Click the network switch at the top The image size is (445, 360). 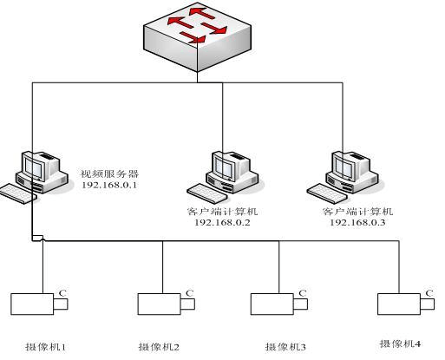click(198, 37)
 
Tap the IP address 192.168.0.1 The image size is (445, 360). click(109, 185)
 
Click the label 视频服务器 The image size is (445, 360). click(109, 173)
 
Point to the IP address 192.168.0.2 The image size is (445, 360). click(222, 222)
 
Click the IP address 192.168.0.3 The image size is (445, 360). click(357, 222)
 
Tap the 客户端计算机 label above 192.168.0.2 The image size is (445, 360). click(222, 212)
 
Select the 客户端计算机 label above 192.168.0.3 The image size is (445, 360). click(357, 212)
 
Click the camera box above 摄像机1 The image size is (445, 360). click(39, 304)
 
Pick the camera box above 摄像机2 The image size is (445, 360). click(167, 304)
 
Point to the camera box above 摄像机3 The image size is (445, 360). click(279, 304)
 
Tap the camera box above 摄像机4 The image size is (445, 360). click(406, 304)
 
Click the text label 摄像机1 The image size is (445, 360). click(46, 346)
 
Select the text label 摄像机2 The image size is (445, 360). click(159, 346)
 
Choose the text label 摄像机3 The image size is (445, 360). click(285, 346)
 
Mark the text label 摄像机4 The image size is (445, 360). click(400, 344)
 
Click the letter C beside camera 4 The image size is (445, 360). click(429, 293)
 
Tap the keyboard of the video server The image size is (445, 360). click(18, 193)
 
